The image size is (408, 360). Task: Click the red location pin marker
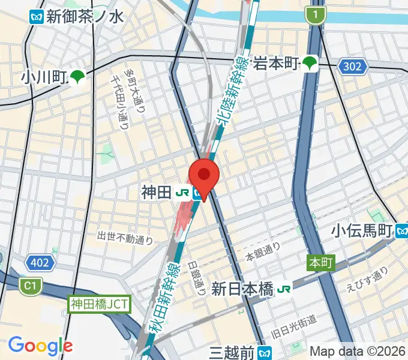204,175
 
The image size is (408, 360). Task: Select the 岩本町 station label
276,62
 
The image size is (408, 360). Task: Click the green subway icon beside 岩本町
310,62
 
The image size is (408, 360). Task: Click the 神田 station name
156,193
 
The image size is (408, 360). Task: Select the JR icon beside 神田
182,193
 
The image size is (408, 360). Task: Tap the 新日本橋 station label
243,289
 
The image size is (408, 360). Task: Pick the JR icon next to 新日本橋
284,289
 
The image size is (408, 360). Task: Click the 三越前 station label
231,352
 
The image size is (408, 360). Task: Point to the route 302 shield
352,66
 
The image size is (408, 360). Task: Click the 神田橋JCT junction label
99,304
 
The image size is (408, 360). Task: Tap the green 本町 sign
321,263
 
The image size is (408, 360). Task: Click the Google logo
40,346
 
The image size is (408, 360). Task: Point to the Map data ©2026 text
357,350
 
